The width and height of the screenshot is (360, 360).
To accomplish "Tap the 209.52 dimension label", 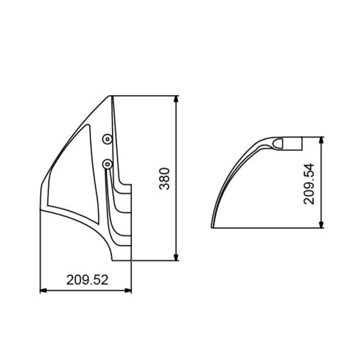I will click(x=87, y=279).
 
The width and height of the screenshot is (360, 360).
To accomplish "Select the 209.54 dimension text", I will click(x=310, y=184).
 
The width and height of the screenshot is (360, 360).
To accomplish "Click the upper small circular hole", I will click(x=107, y=138).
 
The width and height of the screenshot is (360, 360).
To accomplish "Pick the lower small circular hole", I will click(x=108, y=163).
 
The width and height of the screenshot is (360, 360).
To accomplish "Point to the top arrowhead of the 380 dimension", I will click(x=176, y=99).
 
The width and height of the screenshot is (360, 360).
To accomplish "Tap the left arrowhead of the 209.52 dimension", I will click(x=42, y=290).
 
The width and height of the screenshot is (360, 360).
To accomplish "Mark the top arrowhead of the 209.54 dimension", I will click(x=320, y=139).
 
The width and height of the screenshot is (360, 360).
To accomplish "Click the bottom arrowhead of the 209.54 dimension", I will click(x=320, y=226).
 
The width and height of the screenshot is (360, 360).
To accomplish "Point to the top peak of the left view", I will click(x=112, y=95).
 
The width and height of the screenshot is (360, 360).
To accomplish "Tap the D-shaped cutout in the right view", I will click(x=280, y=143).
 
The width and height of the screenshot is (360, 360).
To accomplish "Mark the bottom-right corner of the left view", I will click(x=131, y=261).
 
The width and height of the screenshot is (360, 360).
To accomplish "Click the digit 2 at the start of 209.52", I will click(x=70, y=279).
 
